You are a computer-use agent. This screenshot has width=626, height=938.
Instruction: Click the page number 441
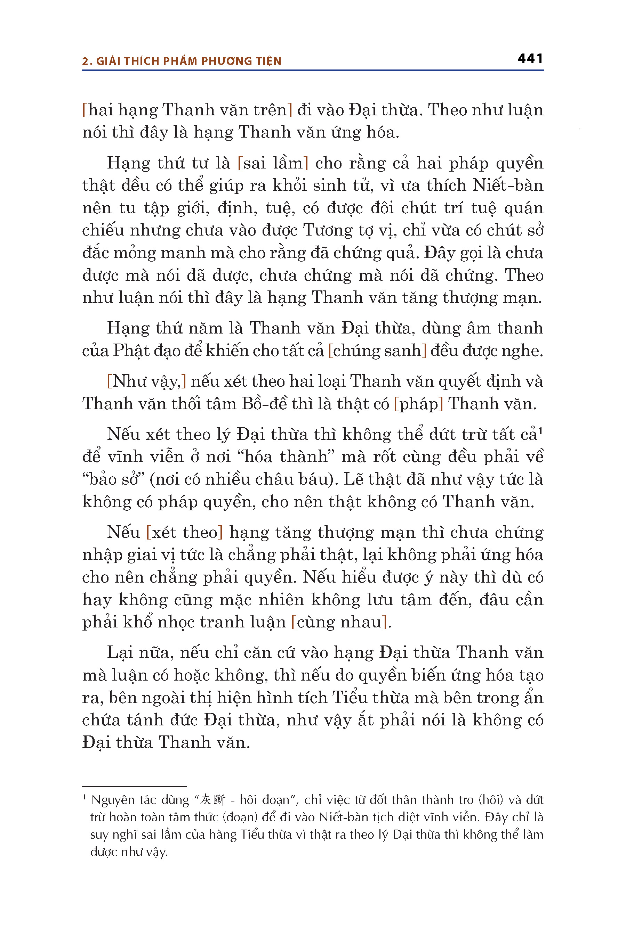pos(530,59)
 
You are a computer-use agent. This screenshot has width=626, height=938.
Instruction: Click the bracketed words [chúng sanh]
pos(377,351)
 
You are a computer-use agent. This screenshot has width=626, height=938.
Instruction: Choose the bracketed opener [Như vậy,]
pos(146,381)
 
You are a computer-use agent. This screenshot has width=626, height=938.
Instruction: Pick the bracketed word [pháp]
pos(418,404)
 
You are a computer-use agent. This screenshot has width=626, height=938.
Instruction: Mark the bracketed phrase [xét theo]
pos(184,533)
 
